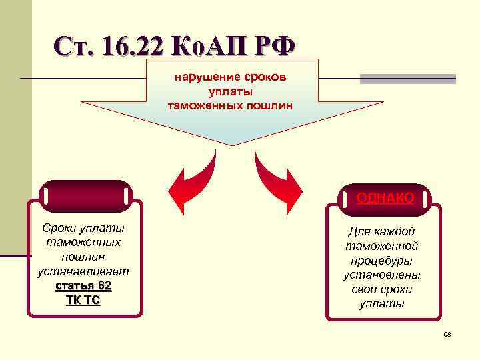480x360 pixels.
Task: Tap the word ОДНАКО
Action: [385, 197]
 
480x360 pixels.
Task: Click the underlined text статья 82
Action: [83, 286]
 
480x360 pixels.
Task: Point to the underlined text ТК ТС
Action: [83, 300]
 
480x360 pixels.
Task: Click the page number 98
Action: [447, 335]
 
